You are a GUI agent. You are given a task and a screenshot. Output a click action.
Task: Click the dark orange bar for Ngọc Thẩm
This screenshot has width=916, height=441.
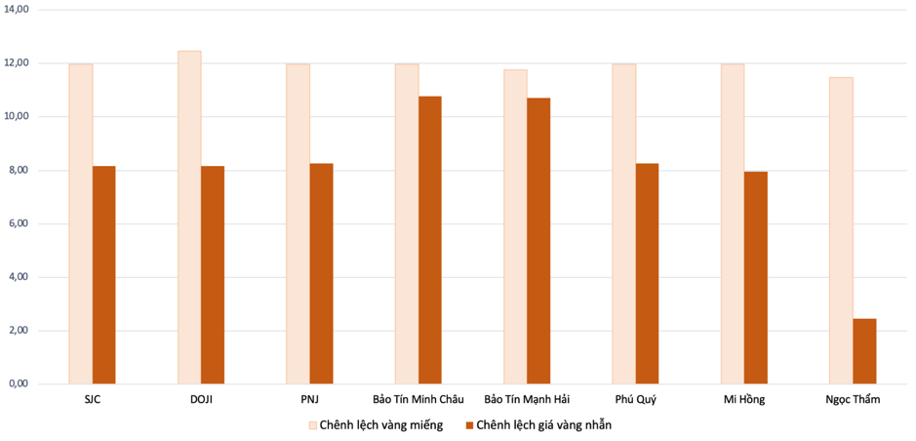click(864, 351)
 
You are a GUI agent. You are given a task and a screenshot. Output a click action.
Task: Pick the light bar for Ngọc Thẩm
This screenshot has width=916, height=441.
click(841, 230)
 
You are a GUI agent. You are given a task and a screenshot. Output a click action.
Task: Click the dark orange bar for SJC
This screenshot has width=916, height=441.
click(104, 275)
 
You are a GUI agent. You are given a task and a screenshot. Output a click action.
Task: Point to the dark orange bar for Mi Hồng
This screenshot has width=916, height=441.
click(756, 278)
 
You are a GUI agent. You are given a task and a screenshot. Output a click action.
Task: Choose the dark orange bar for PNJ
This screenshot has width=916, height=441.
click(322, 274)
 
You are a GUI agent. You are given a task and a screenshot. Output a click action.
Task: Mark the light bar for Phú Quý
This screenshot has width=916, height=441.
click(624, 223)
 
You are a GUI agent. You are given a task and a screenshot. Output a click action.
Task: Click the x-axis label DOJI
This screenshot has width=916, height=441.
click(201, 400)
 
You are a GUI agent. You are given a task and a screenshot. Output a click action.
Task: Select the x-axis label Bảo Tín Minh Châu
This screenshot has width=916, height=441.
click(418, 400)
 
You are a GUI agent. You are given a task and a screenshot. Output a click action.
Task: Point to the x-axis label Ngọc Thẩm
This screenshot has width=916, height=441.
click(853, 400)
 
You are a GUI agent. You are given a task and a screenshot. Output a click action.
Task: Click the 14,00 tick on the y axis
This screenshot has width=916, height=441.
click(19, 9)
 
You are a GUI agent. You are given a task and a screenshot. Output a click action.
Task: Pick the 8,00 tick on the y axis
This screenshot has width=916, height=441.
click(19, 171)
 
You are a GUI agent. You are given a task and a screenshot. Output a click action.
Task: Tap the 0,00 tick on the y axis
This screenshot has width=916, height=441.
click(19, 384)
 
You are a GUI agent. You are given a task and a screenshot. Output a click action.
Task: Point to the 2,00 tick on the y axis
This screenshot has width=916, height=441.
click(19, 331)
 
